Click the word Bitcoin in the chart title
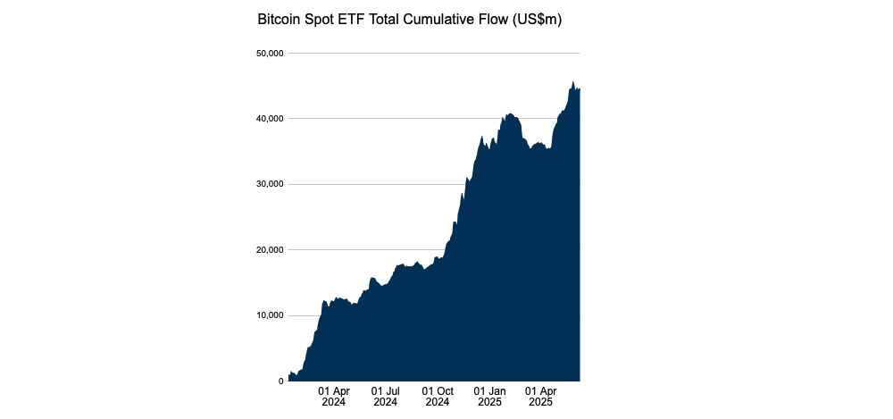coord(281,19)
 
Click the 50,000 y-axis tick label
coord(269,54)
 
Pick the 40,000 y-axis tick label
coord(269,119)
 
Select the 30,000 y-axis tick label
coord(269,184)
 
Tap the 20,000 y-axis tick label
coord(269,250)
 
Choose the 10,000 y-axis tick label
coord(269,315)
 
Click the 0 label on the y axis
coord(280,381)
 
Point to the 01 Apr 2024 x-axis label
coord(334,397)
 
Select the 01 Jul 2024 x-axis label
coord(386,397)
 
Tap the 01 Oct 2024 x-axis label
coord(438,397)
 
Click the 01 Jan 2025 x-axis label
coord(489,397)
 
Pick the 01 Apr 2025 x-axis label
coord(541,397)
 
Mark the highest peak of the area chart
coord(572,82)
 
